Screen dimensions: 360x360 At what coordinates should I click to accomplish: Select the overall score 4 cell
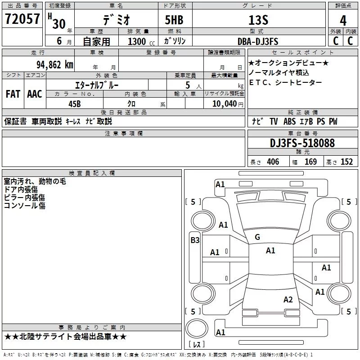click(343, 20)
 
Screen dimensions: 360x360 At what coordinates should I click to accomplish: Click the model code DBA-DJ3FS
click(258, 41)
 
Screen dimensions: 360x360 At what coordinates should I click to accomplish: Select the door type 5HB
click(174, 20)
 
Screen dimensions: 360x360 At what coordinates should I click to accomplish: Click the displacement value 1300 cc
click(137, 41)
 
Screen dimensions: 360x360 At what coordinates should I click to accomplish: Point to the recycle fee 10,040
click(223, 103)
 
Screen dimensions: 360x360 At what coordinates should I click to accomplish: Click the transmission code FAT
click(13, 94)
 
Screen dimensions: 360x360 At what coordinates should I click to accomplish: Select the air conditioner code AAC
click(35, 94)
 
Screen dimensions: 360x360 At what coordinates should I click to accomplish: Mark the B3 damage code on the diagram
click(195, 240)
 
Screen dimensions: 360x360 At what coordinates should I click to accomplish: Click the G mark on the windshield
click(257, 237)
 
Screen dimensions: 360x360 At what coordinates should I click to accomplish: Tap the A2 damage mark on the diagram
click(288, 300)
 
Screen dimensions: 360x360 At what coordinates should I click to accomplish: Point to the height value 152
click(346, 162)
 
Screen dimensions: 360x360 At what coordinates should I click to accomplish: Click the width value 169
click(310, 162)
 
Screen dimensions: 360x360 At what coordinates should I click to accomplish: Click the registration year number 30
click(59, 23)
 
